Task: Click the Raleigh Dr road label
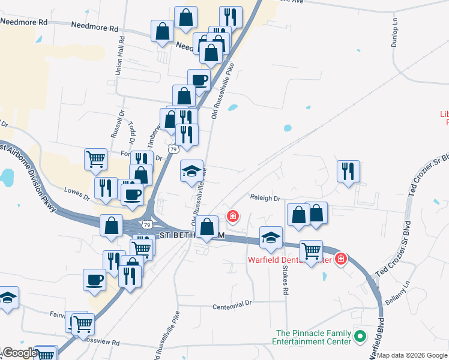point(265,198)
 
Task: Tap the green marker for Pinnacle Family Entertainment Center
point(360,337)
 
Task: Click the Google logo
point(19,353)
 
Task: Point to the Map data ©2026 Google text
point(412,355)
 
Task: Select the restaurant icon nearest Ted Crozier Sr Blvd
point(348,172)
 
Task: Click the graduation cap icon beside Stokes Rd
point(271,238)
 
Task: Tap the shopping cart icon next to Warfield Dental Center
point(311,251)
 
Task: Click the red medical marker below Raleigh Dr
point(232,216)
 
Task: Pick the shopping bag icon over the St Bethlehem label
point(207,227)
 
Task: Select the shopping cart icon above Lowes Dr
point(95,159)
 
